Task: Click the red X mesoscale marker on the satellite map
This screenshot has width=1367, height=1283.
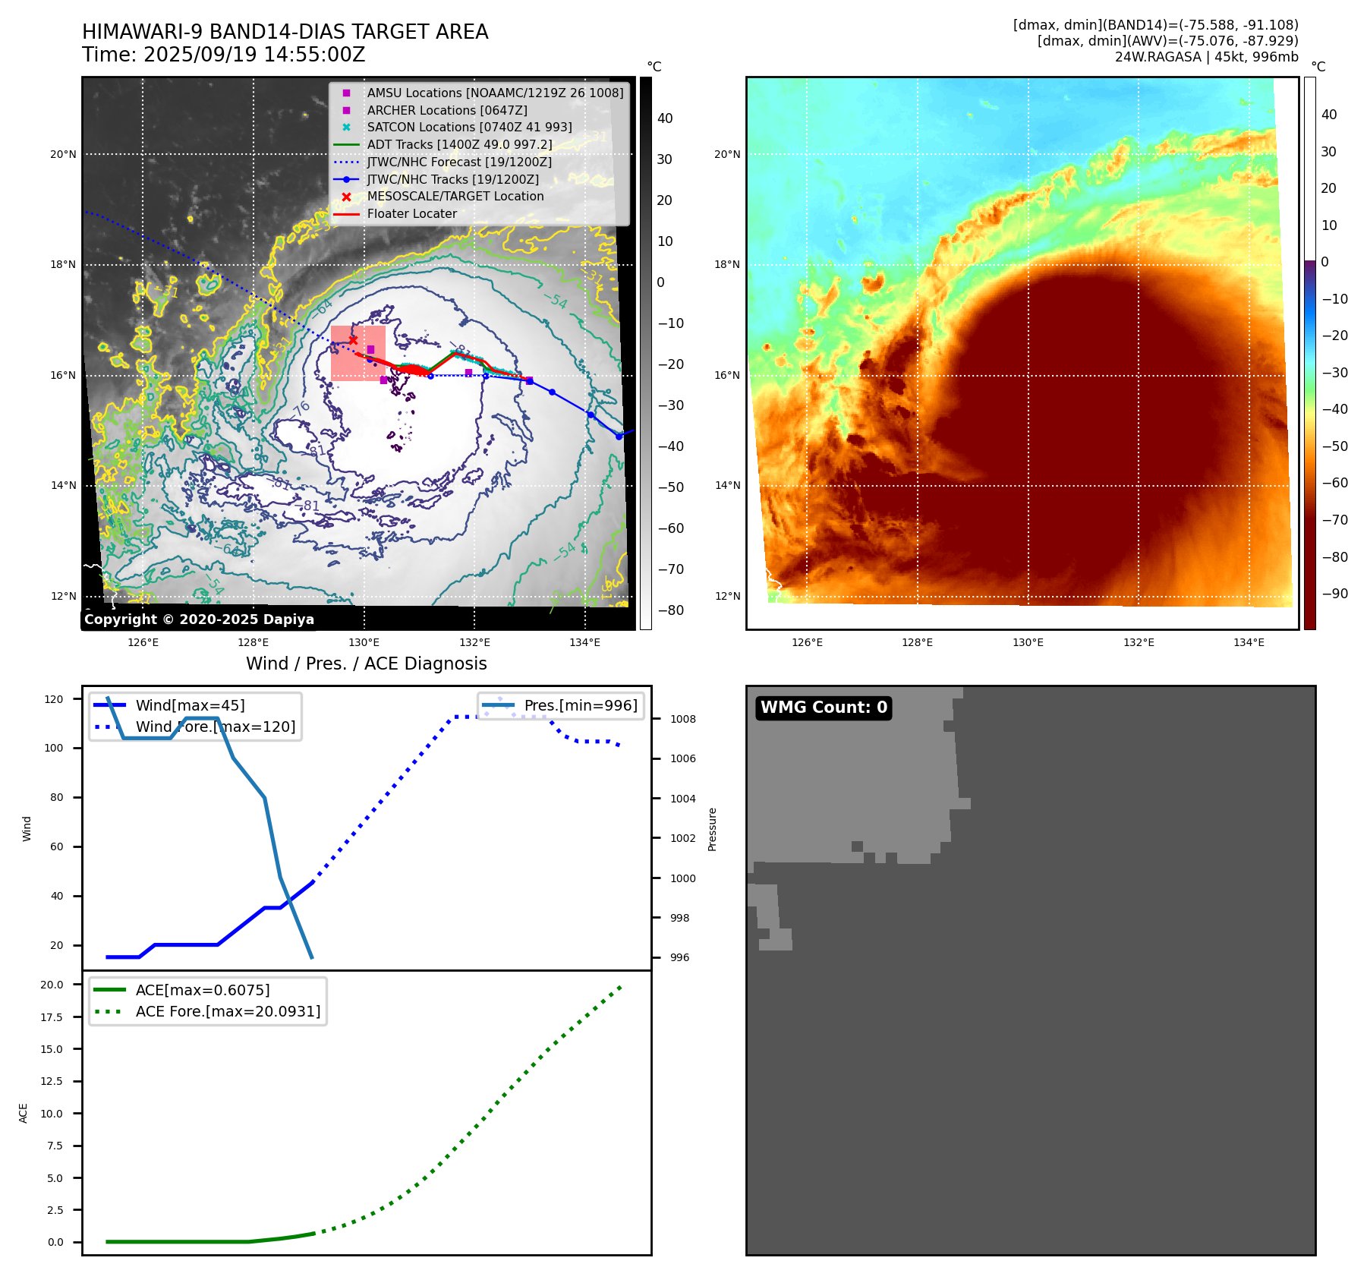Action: (353, 340)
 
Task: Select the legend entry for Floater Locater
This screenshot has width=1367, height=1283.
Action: (411, 214)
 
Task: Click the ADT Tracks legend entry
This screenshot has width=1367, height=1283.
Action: (459, 144)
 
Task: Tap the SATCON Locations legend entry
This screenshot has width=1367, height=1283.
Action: (469, 128)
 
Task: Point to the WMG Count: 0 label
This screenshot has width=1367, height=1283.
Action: (824, 708)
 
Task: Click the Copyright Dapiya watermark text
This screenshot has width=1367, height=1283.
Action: (199, 619)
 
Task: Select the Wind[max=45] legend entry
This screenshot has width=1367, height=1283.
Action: (190, 705)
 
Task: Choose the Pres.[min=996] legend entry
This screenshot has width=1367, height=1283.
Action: (581, 705)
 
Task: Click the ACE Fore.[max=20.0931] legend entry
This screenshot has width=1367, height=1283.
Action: (228, 1011)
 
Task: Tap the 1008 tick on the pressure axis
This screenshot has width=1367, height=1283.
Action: (683, 719)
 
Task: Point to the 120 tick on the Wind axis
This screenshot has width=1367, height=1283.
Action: (54, 699)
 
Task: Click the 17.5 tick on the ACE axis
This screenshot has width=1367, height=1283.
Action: (52, 1017)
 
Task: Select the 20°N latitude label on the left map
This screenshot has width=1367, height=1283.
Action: (63, 154)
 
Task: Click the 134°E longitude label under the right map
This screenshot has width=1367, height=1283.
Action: (1249, 642)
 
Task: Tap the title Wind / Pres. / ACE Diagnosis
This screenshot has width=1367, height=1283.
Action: (366, 664)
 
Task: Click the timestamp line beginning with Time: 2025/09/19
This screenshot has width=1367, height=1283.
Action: (224, 55)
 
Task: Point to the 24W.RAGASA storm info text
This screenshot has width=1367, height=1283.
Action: (1206, 57)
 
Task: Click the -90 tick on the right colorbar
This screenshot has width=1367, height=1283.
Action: (1334, 594)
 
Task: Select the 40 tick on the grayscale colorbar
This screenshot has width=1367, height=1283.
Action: (665, 118)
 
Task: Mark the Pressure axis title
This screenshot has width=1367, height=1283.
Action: (712, 829)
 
